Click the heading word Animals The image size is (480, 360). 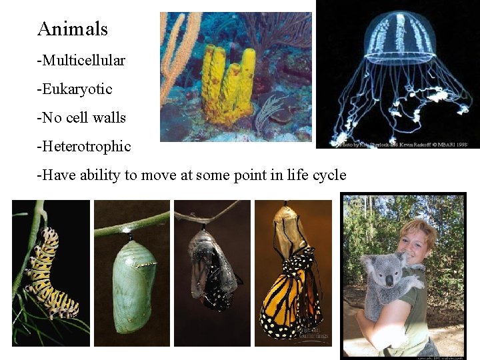coord(73,29)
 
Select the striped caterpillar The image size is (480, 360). coord(48,273)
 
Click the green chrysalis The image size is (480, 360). coord(133,283)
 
